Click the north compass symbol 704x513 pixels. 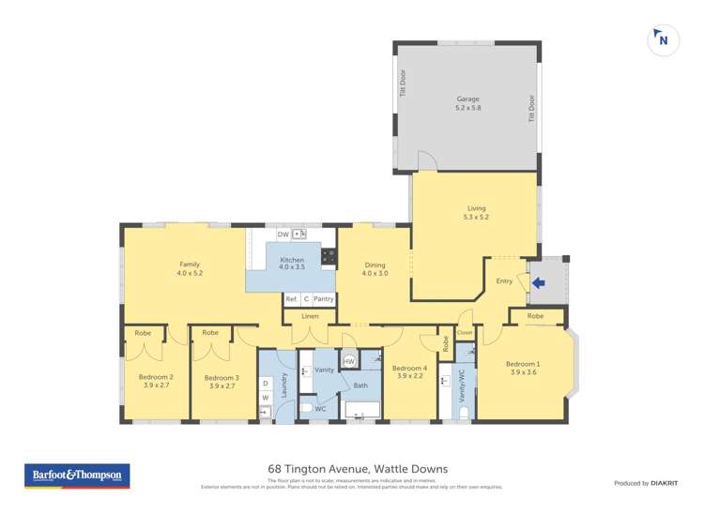663,39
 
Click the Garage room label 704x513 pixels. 467,103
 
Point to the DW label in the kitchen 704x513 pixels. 283,234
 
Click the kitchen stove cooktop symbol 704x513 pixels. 329,254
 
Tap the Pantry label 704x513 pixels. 323,299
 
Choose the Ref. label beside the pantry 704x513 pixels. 291,299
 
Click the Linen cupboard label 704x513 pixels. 310,316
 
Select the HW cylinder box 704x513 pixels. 348,362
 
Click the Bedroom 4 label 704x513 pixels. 410,371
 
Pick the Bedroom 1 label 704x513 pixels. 523,368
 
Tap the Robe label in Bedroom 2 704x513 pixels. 143,333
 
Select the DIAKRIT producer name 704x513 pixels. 664,483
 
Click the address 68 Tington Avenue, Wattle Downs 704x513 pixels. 352,469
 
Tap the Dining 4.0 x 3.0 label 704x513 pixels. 375,269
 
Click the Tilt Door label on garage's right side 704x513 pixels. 531,108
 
